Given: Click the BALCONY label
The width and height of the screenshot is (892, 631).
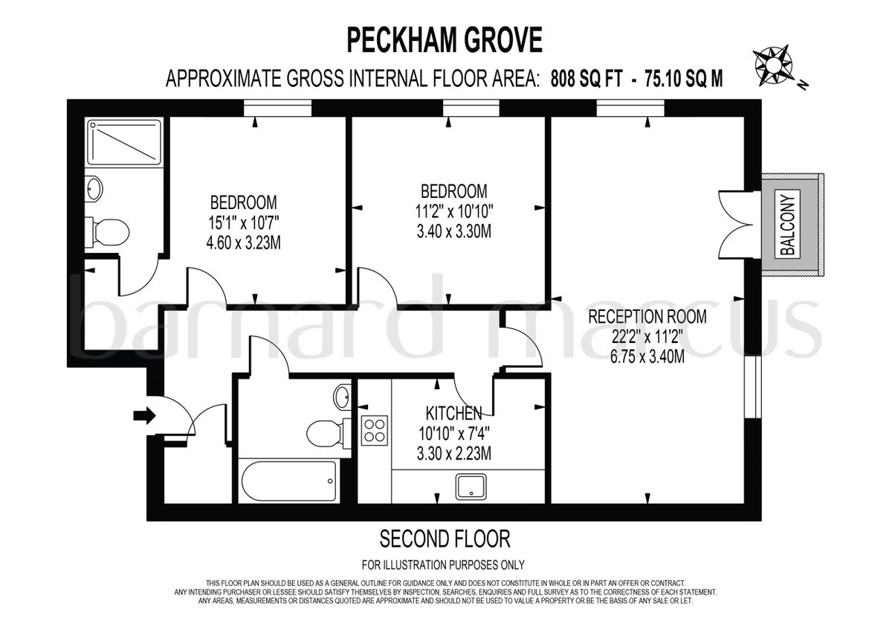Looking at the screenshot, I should [x=789, y=225].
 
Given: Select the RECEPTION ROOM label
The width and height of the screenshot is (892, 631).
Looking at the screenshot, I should [x=647, y=317].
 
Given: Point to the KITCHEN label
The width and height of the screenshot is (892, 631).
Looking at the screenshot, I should [x=453, y=412].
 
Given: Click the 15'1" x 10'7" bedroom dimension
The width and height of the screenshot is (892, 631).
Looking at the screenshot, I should [x=243, y=222].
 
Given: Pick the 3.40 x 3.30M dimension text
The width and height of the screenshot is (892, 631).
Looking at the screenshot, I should [x=453, y=231].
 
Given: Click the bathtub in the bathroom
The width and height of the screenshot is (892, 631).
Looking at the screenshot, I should [x=289, y=480].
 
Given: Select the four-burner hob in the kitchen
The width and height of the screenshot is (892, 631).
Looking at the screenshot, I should [x=375, y=431].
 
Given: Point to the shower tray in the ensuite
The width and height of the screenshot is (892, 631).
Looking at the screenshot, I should [x=123, y=142].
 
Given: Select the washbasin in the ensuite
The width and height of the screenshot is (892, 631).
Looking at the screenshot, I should [x=94, y=188].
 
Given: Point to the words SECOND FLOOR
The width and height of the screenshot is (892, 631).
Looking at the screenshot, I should [x=445, y=538].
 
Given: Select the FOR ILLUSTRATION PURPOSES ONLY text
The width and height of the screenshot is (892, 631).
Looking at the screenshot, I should [x=444, y=564].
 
